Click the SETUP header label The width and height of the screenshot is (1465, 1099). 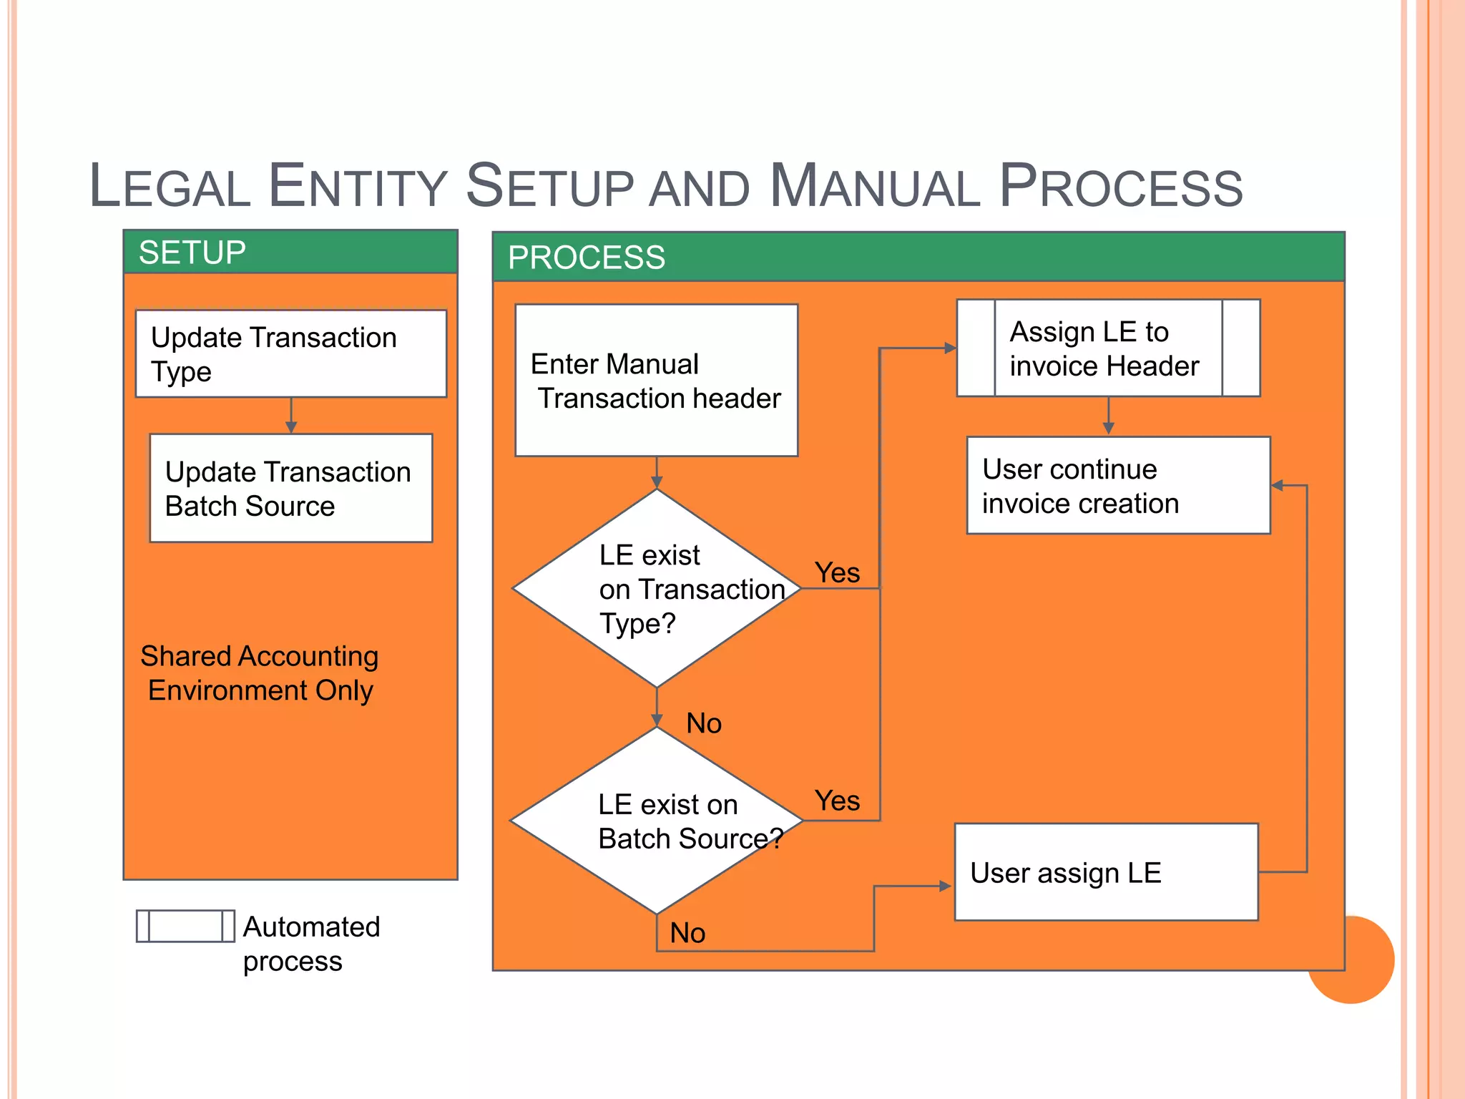coord(192,253)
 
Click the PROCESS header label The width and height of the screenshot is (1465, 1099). coord(586,258)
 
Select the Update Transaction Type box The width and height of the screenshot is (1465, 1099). coord(290,353)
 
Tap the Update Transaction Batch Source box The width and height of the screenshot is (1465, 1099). coord(290,488)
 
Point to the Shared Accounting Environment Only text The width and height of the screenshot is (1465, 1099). coord(260,673)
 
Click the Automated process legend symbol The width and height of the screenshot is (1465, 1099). coord(185,926)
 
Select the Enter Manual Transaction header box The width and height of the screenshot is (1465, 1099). coord(656,381)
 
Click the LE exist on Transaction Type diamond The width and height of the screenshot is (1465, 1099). coord(656,588)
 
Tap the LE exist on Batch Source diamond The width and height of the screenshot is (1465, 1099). coord(656,821)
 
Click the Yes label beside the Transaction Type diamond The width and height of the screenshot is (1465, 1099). coord(837,572)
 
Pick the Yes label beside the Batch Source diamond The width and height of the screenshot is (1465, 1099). coord(837,800)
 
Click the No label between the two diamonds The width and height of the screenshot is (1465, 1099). coord(704,723)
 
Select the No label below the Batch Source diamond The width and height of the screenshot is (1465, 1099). coord(687,933)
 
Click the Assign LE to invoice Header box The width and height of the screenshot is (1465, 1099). coord(1108,348)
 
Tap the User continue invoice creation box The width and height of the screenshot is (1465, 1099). coord(1118,486)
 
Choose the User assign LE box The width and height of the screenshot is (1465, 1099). coord(1106,872)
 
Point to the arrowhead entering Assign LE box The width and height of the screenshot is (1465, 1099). coord(950,348)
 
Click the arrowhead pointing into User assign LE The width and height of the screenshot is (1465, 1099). coord(945,886)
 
